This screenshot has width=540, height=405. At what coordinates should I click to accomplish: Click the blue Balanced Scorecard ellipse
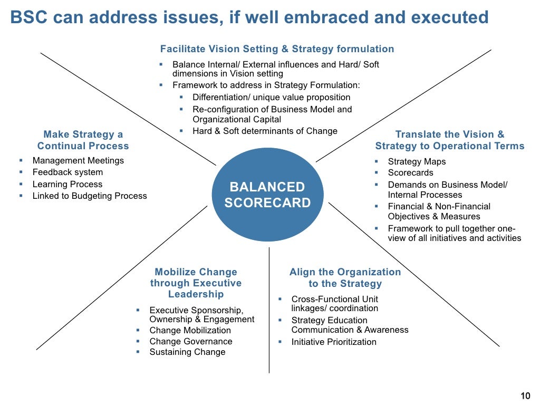tap(267, 195)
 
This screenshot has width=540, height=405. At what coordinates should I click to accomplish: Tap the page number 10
tap(525, 397)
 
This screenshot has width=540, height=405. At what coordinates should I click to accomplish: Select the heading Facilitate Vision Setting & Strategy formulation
tap(277, 49)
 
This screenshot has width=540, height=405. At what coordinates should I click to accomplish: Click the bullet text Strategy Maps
tap(417, 161)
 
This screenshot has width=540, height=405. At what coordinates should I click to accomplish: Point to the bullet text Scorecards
tap(410, 172)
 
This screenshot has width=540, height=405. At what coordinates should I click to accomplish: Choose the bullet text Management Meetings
tap(78, 160)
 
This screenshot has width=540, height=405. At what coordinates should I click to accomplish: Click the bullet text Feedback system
tap(67, 172)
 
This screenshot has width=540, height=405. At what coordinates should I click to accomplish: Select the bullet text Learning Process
tap(67, 184)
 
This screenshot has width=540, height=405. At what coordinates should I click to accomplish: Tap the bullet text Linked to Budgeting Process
tap(90, 196)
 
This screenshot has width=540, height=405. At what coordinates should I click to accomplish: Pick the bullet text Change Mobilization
tap(190, 330)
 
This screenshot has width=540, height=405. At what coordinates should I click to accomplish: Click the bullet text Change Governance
tap(191, 341)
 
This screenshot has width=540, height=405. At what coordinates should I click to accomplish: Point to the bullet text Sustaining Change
tap(187, 352)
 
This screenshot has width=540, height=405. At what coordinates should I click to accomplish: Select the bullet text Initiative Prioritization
tap(334, 342)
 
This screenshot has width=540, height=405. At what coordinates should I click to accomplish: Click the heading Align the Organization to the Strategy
tap(345, 278)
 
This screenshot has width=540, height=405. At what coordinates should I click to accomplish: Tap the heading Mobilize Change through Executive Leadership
tap(196, 283)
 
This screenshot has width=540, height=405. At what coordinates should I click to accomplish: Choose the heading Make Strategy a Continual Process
tap(83, 140)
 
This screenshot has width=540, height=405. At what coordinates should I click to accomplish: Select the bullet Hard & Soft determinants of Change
tap(265, 131)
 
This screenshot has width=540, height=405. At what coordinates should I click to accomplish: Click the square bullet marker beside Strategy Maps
tap(377, 161)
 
